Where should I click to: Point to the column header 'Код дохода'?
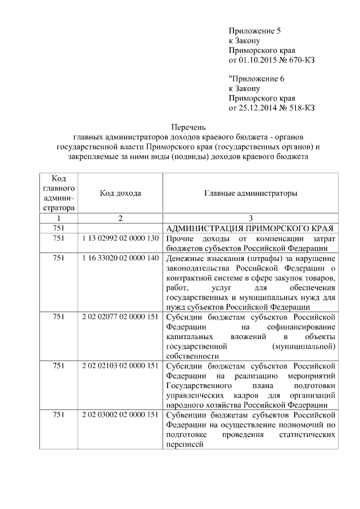click(120, 193)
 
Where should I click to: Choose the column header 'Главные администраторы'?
click(250, 193)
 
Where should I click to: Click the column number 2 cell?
click(120, 218)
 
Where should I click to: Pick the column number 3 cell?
click(250, 218)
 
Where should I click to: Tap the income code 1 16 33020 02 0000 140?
click(120, 258)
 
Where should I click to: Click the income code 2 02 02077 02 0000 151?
click(120, 317)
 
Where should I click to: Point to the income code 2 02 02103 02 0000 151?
click(120, 366)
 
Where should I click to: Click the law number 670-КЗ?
click(301, 60)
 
